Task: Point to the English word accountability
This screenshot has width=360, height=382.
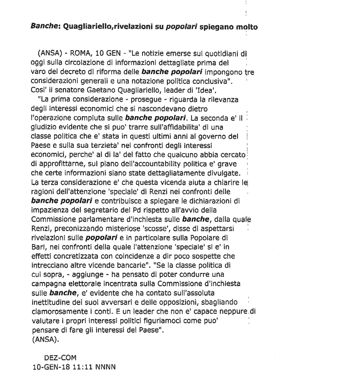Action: (146, 163)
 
